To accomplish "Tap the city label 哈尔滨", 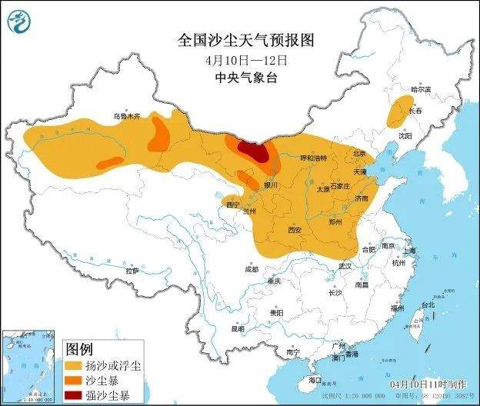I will [421, 89].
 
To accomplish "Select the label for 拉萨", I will [132, 271].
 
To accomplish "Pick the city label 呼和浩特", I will [312, 158].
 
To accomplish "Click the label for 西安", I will [293, 230].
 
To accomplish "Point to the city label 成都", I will [252, 269].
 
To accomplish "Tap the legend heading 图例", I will [81, 348].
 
